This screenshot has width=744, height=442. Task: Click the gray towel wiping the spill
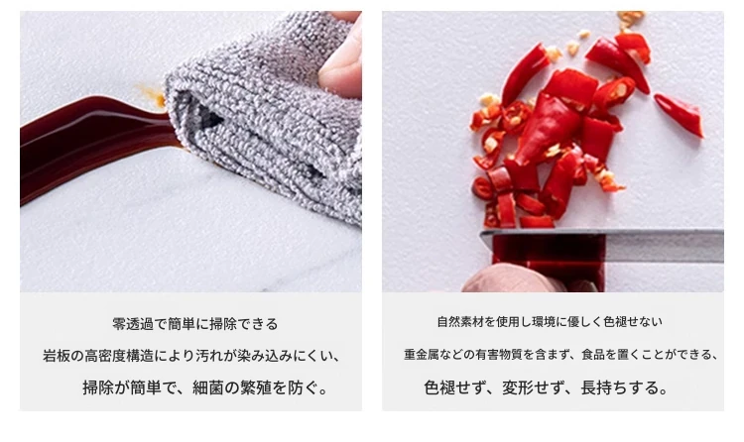pyautogui.click(x=266, y=119)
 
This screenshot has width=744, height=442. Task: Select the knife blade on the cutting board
pyautogui.click(x=602, y=244)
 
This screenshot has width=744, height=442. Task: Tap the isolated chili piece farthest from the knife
pyautogui.click(x=679, y=114)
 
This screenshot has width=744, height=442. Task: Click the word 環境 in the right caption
pyautogui.click(x=544, y=322)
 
